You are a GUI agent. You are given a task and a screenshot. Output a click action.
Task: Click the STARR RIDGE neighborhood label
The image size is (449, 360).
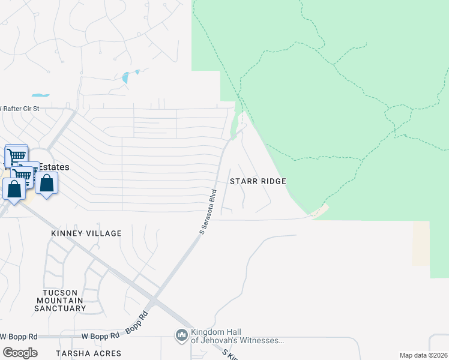click(x=258, y=181)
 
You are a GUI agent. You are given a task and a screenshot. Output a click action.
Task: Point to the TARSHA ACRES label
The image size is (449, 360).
click(x=88, y=353)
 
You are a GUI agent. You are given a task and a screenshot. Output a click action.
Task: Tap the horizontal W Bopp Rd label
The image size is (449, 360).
click(x=19, y=336)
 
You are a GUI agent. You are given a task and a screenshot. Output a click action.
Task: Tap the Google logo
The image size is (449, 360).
click(x=20, y=352)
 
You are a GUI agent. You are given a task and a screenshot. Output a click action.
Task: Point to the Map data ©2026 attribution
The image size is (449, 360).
click(x=423, y=355)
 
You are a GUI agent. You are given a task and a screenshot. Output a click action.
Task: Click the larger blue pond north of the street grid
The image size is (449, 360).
click(x=126, y=77)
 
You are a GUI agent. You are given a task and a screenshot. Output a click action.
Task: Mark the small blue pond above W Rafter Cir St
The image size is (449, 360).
click(x=40, y=95)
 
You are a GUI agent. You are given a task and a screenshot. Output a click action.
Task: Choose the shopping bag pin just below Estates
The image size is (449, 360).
click(x=46, y=184)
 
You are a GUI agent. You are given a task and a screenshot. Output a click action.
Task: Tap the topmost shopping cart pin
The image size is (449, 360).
click(x=17, y=156)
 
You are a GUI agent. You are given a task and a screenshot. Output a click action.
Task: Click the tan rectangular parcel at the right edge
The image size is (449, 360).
click(x=421, y=243)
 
